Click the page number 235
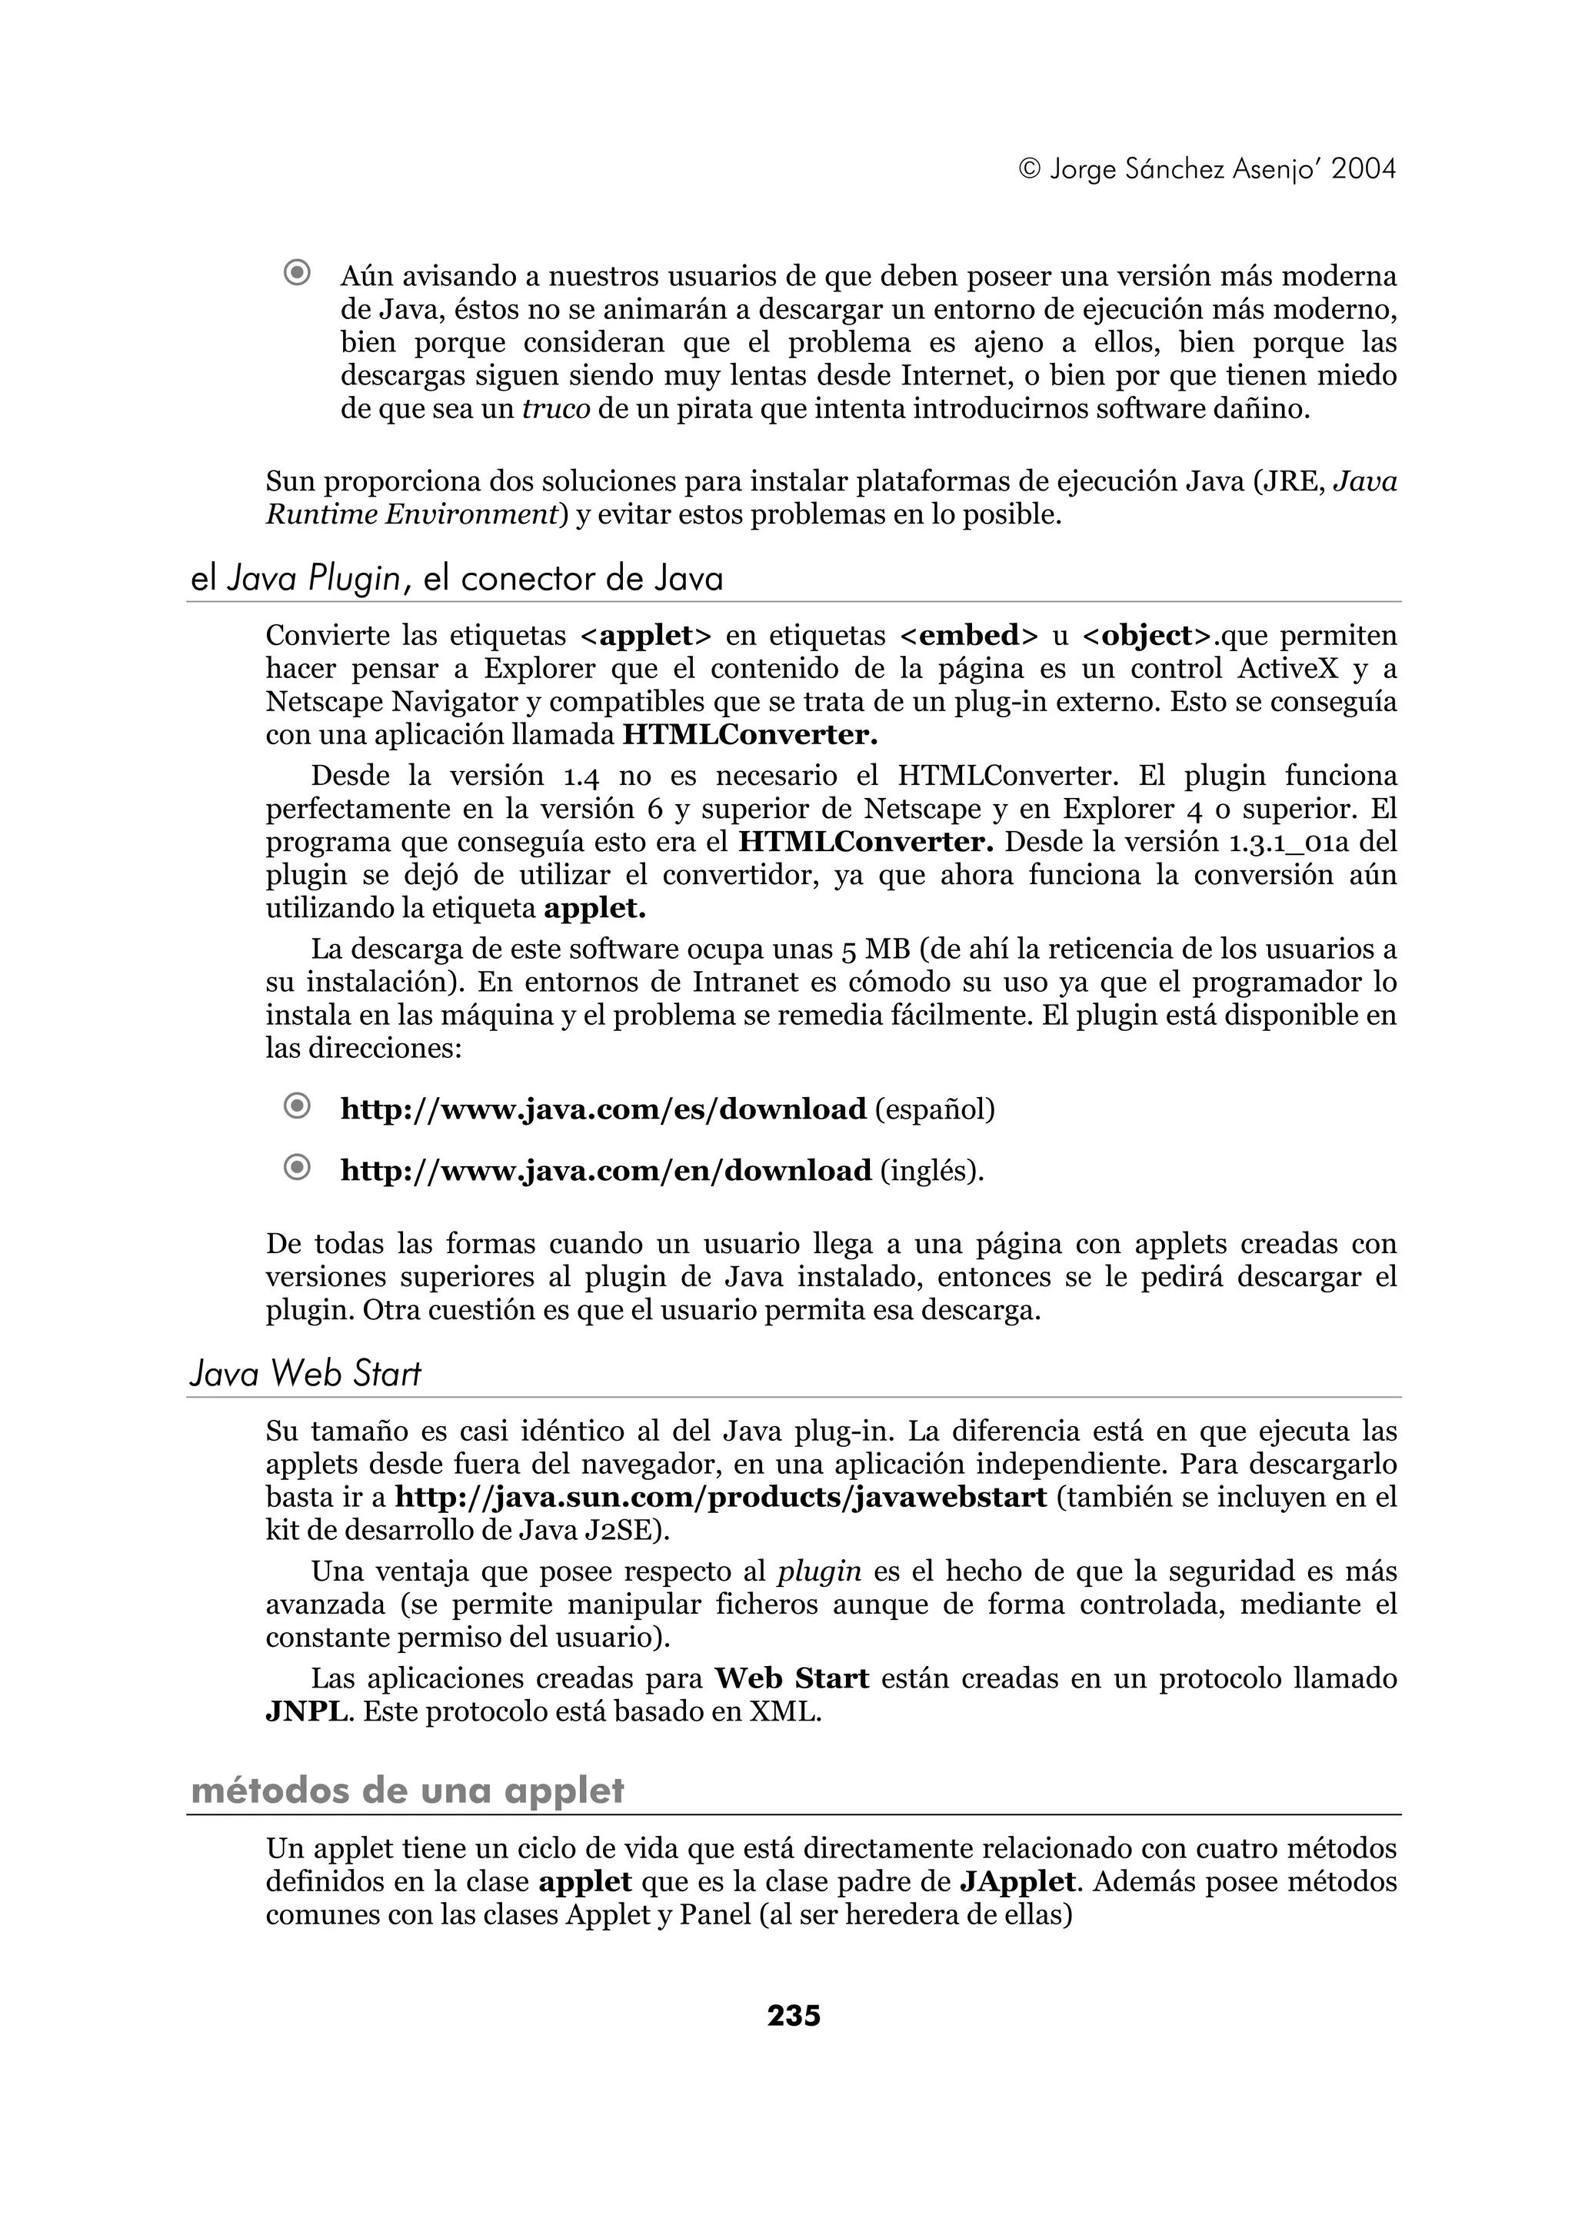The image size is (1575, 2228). [793, 2016]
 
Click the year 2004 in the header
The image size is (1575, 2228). [1364, 170]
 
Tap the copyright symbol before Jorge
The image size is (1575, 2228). [1031, 171]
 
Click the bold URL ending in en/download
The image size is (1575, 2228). [605, 1170]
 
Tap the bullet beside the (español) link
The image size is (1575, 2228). [297, 1106]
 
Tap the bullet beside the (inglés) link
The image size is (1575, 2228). [297, 1169]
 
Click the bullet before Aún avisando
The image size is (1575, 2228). [297, 274]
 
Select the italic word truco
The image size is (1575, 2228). [556, 408]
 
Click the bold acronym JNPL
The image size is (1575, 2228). [305, 1711]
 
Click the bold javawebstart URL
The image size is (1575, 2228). [721, 1498]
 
